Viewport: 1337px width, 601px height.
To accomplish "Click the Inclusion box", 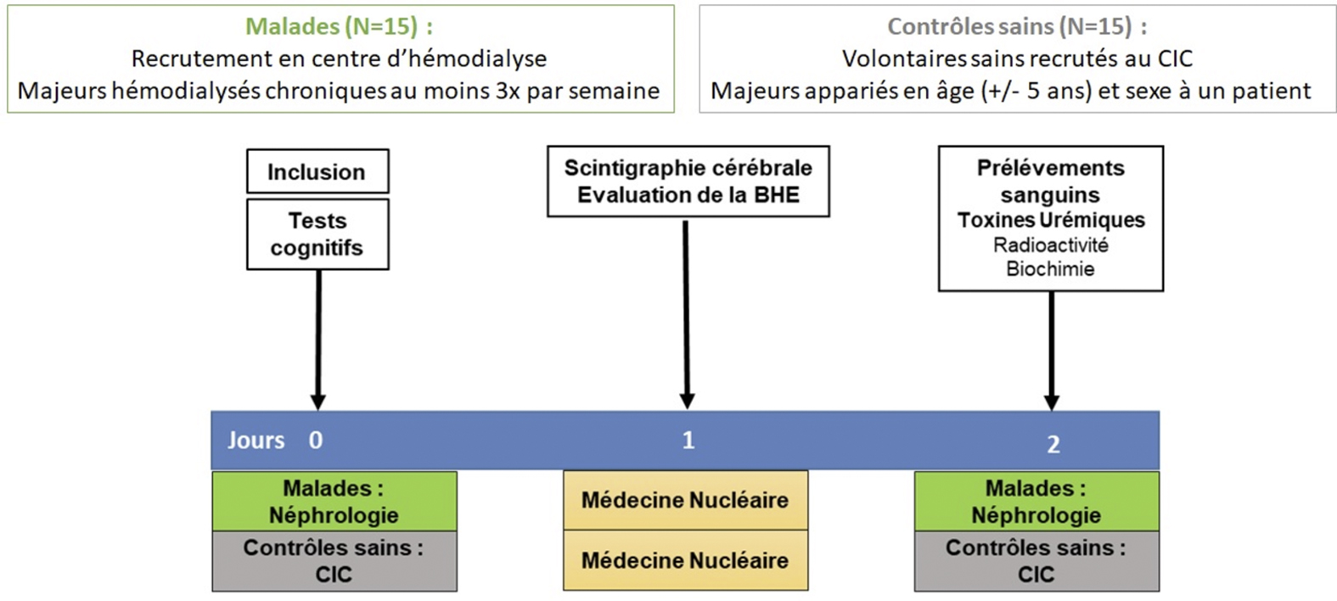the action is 317,171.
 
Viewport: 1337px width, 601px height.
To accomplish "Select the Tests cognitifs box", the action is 317,234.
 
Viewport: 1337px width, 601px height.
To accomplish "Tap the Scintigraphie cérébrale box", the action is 688,182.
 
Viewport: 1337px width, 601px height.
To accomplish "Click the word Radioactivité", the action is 1051,245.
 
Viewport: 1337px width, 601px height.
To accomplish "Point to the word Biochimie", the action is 1051,269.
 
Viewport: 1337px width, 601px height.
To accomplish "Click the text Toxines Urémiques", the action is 1051,220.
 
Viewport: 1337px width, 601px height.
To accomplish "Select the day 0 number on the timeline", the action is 316,441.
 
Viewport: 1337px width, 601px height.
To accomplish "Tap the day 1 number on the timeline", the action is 688,441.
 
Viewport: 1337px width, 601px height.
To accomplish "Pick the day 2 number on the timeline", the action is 1053,445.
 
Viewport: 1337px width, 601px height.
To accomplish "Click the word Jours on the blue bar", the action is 256,441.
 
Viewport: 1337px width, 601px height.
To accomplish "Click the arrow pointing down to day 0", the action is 318,340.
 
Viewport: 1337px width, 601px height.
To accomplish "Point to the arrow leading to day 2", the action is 1052,351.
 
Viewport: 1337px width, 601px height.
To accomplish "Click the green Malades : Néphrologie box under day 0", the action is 334,502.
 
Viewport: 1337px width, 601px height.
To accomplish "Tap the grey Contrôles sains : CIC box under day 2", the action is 1036,561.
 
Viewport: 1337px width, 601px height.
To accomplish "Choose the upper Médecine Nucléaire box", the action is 685,500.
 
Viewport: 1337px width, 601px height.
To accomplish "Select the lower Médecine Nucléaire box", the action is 685,559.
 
